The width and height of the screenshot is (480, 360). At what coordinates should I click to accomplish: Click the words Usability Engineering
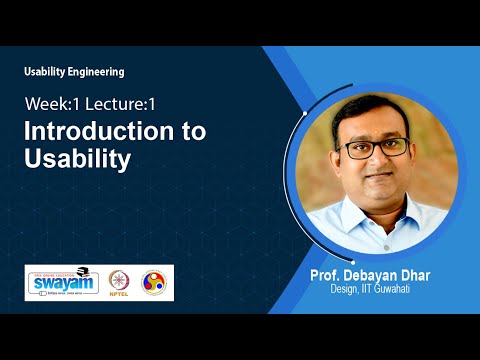point(75,71)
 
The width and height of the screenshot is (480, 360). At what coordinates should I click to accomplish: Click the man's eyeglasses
point(374,147)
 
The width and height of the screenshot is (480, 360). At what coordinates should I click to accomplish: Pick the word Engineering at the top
point(97,71)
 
